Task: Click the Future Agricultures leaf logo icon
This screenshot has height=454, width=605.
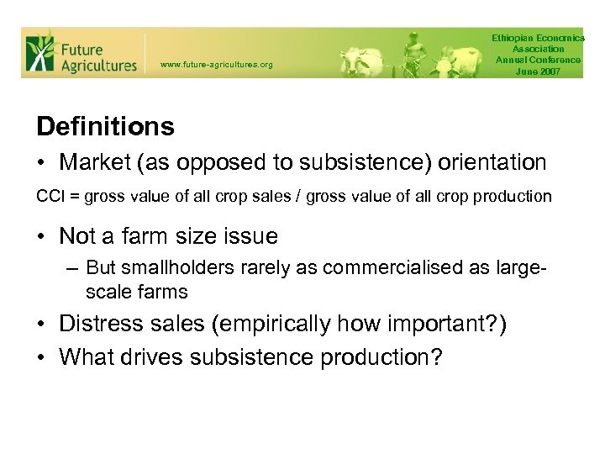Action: pos(39,52)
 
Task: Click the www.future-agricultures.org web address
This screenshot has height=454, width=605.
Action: pos(216,65)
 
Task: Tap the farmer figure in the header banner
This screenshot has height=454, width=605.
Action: pos(413,52)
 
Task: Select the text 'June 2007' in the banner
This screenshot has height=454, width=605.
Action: pos(538,71)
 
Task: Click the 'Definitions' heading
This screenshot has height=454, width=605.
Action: pos(105,127)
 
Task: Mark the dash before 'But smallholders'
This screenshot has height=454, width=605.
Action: pos(73,267)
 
